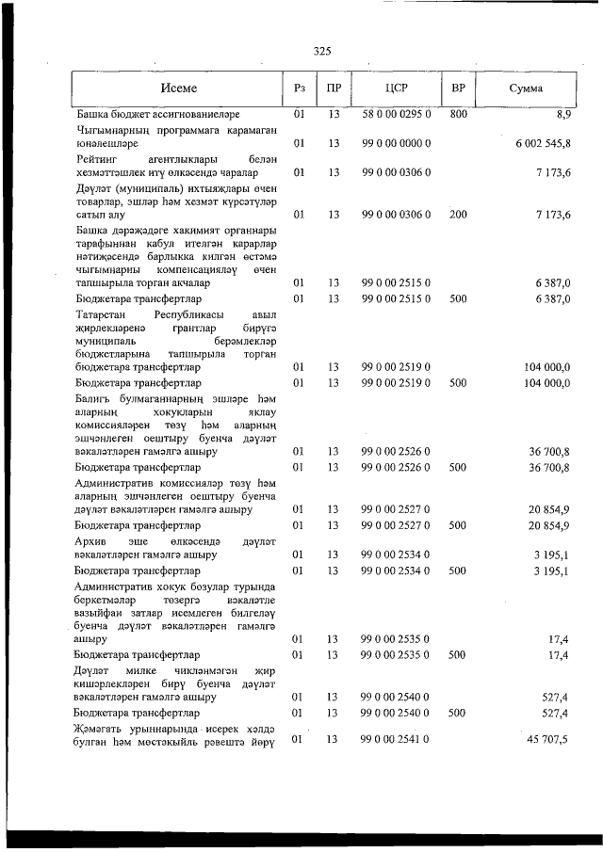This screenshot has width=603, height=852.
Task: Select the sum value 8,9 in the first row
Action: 563,114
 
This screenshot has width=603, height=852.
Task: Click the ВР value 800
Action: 459,114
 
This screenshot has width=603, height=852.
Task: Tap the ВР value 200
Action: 459,215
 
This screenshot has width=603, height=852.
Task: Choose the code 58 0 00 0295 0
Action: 396,114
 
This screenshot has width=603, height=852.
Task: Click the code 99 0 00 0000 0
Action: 396,143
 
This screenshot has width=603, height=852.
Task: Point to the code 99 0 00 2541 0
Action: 396,740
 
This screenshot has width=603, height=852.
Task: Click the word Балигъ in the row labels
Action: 93,399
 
